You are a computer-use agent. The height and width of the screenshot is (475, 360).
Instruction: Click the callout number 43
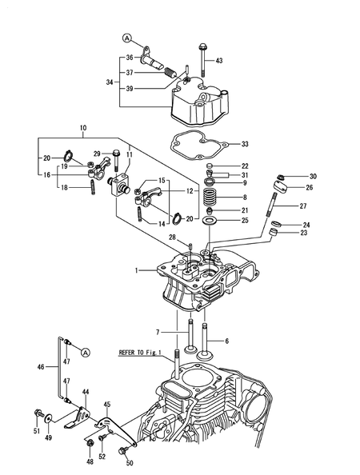(x=220, y=62)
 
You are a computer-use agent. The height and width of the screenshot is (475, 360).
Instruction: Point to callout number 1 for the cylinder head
(x=137, y=271)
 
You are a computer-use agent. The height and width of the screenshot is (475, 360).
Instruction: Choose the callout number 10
(x=82, y=128)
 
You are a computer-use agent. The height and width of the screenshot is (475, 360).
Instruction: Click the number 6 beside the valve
(x=226, y=341)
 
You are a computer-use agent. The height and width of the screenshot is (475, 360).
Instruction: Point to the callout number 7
(x=158, y=332)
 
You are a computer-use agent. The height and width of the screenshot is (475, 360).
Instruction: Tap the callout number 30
(x=313, y=177)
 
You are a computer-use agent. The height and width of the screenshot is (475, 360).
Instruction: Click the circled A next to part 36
(x=126, y=38)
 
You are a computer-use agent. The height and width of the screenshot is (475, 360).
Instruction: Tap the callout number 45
(x=107, y=405)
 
